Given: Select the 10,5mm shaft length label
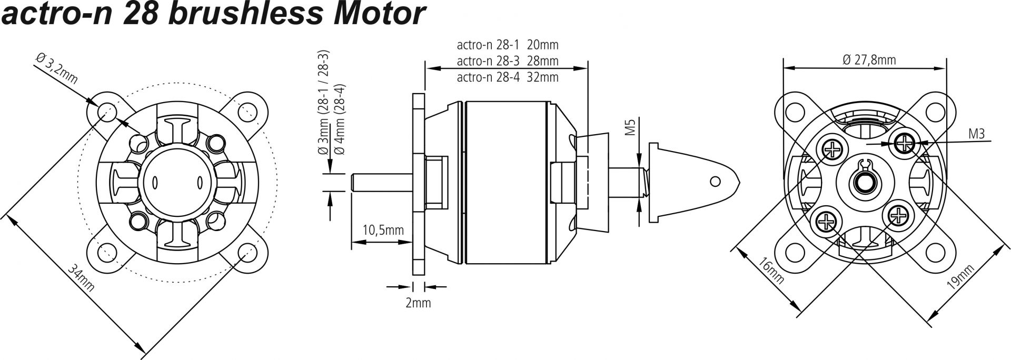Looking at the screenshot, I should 383,230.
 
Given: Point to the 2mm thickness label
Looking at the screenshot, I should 418,303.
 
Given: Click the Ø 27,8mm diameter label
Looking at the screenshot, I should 869,59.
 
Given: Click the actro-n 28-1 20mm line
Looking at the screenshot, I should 507,45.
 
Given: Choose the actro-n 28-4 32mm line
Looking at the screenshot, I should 507,77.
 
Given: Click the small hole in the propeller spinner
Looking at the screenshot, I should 715,182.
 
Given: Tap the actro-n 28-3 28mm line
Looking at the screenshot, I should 507,61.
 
